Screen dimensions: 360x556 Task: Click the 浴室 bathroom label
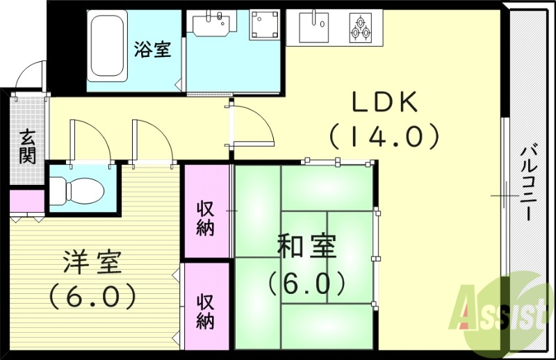(x=153, y=50)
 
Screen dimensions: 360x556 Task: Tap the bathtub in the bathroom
(x=106, y=46)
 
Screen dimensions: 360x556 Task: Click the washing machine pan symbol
(x=265, y=26)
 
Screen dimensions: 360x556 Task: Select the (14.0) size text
(x=384, y=135)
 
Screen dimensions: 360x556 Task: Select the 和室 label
(x=306, y=247)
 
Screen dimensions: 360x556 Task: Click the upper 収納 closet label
(x=205, y=218)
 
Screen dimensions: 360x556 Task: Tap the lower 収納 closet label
(x=205, y=311)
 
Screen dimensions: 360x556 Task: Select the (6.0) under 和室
(x=306, y=282)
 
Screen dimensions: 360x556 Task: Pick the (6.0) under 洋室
(x=92, y=297)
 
